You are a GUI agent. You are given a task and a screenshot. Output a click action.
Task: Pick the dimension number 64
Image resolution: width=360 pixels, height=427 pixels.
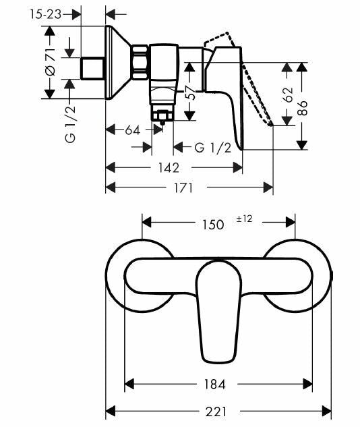click(x=132, y=130)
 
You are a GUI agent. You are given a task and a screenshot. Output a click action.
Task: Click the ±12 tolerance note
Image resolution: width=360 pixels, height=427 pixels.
click(x=243, y=219)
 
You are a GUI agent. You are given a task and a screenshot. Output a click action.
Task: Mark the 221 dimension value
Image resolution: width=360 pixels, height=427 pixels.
click(x=216, y=411)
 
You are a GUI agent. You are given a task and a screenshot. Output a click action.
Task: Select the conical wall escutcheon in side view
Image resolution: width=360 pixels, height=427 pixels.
click(x=119, y=64)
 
